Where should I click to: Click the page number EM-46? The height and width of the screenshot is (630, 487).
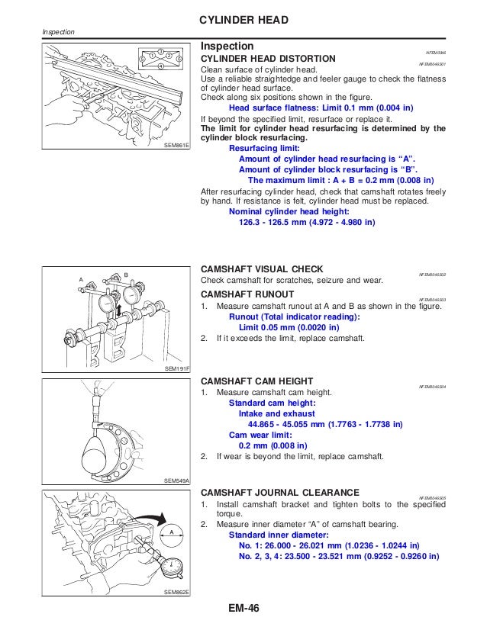[243, 609]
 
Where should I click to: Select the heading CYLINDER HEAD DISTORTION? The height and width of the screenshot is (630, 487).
[266, 59]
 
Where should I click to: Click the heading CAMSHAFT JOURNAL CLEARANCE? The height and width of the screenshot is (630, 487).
[280, 493]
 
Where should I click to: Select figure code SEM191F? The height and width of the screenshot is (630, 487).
[177, 368]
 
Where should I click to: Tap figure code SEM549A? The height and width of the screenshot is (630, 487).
[177, 481]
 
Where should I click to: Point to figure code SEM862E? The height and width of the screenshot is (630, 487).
[176, 592]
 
